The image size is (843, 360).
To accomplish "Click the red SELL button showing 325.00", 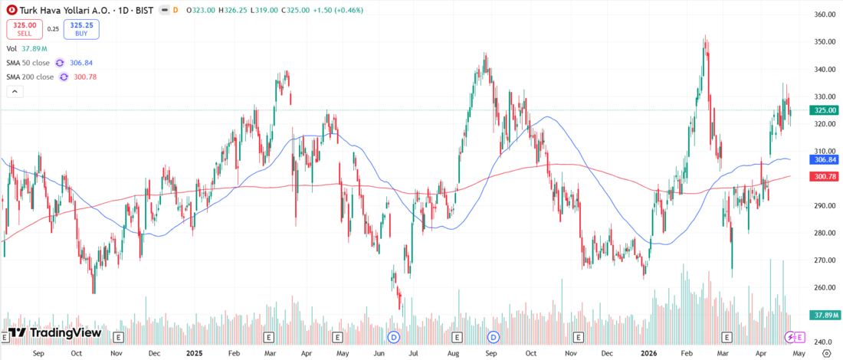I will [25, 28].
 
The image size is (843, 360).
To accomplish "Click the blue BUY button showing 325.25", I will [80, 28].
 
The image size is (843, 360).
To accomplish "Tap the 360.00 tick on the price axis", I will [825, 15].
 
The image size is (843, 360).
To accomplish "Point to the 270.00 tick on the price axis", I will [825, 260].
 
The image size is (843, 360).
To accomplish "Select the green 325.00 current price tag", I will [825, 110].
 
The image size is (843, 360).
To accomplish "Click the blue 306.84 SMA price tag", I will [825, 159].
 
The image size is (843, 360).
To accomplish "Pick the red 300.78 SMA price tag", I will [825, 176].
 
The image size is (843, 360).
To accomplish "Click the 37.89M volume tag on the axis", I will [825, 315].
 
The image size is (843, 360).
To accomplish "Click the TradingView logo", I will [54, 333].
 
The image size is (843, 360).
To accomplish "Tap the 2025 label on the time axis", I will [195, 353].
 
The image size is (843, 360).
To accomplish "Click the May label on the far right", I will [799, 353].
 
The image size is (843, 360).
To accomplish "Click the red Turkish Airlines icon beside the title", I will [11, 11].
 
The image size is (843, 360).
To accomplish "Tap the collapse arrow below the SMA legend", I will [14, 91].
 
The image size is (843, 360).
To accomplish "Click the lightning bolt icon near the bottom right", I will [789, 337].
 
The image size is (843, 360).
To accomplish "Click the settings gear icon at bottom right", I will [825, 353].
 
